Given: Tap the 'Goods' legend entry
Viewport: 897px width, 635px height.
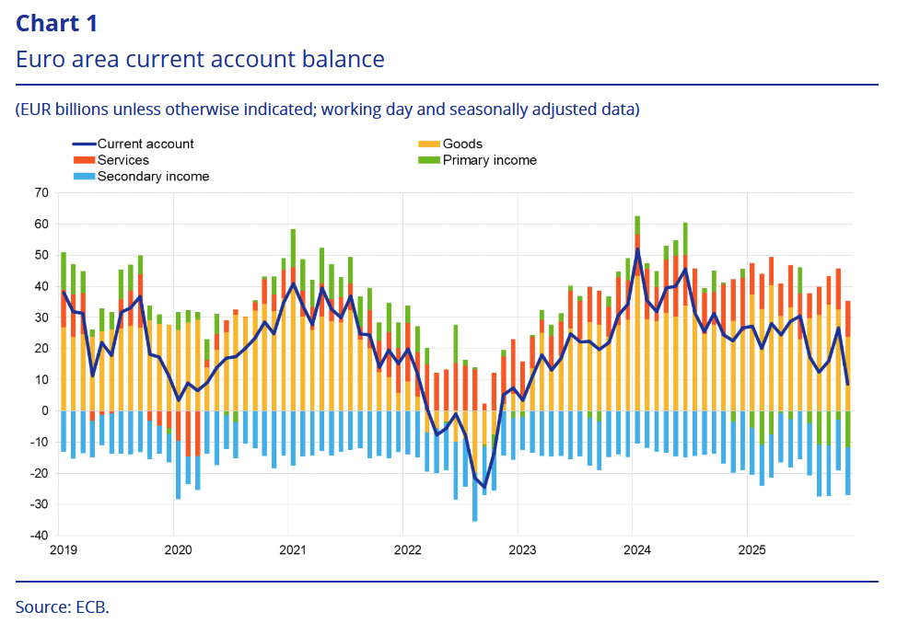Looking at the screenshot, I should click(x=461, y=144).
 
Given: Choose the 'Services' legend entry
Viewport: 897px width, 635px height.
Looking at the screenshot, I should click(x=122, y=160).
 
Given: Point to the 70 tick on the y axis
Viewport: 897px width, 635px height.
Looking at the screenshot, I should click(x=41, y=192).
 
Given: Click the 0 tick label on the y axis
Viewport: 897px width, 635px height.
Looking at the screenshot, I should click(x=44, y=410).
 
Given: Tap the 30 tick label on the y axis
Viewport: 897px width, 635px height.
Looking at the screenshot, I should click(x=41, y=317).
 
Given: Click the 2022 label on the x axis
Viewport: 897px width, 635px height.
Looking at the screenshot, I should click(x=406, y=550).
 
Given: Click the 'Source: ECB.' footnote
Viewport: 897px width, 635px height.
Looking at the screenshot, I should click(x=62, y=607).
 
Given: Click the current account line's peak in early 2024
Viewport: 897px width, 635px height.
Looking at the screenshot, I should click(x=637, y=249).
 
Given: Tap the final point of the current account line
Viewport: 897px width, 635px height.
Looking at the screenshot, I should click(x=847, y=384).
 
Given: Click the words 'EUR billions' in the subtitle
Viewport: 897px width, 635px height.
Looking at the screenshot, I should click(x=60, y=110).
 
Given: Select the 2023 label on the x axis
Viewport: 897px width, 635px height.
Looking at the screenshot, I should click(x=521, y=550).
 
